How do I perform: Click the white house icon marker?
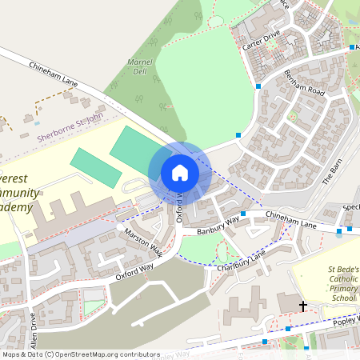tap(179, 173)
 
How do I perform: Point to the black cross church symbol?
tap(303, 306)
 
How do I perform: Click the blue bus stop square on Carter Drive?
tap(258, 86)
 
